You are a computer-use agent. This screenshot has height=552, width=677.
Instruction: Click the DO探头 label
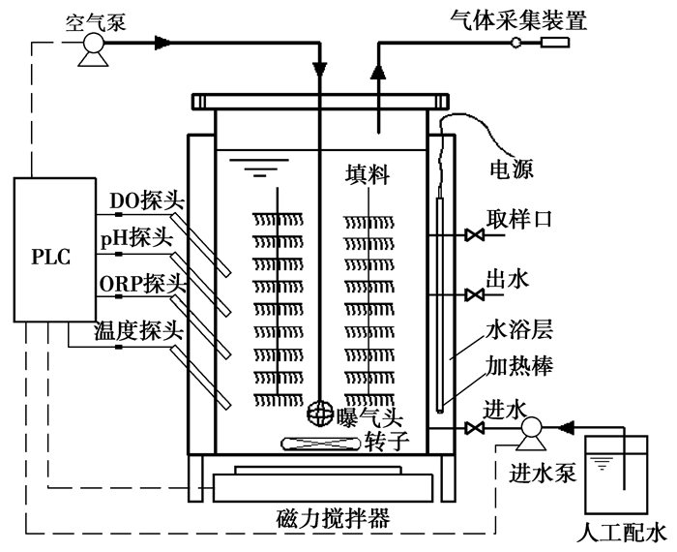147,199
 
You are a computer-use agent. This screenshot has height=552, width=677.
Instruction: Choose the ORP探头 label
143,283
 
